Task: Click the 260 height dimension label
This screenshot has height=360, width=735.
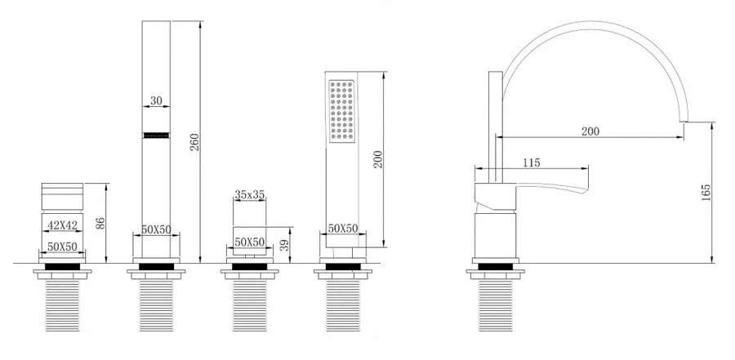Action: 195,142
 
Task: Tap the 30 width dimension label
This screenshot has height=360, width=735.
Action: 156,100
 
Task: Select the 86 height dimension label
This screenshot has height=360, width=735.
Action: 100,223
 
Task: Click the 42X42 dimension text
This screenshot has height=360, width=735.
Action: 62,225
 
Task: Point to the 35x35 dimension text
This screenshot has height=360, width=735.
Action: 249,194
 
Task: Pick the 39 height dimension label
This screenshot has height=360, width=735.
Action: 284,246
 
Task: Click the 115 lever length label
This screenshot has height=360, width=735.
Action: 531,162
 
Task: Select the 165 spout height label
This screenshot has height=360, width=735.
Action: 706,193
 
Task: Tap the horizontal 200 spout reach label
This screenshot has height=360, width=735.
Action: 590,131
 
